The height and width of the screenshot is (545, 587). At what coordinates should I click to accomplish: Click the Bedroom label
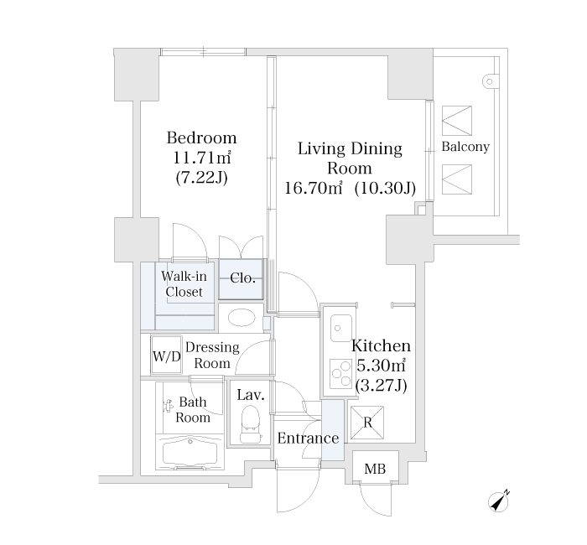pos(201,138)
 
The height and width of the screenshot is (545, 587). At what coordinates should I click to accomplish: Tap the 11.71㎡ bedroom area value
pos(201,158)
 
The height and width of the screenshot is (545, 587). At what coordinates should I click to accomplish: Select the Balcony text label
pos(465,147)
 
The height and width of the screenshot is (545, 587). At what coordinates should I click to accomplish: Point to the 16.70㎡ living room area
pos(314,188)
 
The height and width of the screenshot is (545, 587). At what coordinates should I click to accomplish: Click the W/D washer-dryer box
pos(167,355)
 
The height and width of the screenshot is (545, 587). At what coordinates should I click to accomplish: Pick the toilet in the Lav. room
pos(251,424)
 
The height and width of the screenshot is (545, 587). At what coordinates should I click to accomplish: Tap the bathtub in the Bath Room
pos(190,454)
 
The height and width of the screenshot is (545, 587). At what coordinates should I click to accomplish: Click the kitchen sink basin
pos(341,328)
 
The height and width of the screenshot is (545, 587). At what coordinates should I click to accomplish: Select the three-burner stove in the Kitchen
pos(340,374)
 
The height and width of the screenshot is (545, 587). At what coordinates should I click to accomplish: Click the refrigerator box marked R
pos(367,423)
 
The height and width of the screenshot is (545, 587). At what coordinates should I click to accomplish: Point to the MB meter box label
pos(375,469)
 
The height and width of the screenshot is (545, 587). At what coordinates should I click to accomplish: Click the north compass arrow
pos(499,501)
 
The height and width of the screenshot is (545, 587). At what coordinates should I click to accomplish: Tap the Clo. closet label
pos(243,278)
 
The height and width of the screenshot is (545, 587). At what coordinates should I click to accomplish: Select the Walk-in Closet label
pos(184,284)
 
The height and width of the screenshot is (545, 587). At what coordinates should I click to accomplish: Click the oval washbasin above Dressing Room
pos(242,318)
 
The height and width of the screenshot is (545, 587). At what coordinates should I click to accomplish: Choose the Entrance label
pos(308,439)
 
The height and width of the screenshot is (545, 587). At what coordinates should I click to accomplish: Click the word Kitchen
pos(381,345)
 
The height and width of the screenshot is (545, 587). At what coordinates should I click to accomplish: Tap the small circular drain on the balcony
pos(489,81)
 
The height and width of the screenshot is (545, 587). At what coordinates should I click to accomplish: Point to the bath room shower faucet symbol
pos(169,405)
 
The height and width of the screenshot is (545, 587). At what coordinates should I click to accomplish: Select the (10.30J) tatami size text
pos(385,188)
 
